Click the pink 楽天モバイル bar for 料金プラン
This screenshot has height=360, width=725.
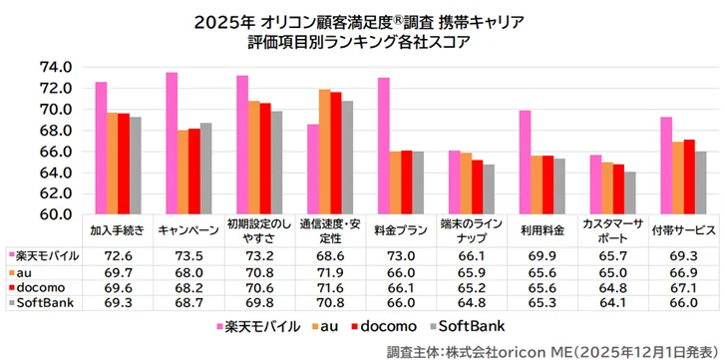tap(384, 146)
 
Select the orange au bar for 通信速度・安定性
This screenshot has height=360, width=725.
tap(324, 152)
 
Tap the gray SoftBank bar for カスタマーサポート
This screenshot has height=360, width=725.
tap(630, 192)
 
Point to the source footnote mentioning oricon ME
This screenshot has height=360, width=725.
tap(547, 349)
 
